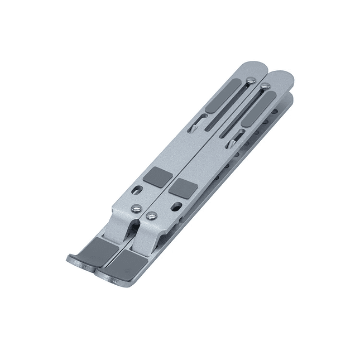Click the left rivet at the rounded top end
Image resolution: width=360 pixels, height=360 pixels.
[x=250, y=80]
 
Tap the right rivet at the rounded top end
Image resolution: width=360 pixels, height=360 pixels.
[x=265, y=86]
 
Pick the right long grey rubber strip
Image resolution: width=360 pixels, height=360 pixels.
[x=258, y=108]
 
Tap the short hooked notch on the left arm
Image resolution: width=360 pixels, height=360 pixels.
[x=194, y=124]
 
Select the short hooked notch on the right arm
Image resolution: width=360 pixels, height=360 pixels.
[x=233, y=140]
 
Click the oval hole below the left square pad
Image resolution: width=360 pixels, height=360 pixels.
[x=137, y=190]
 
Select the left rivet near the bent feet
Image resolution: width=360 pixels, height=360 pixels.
[x=136, y=209]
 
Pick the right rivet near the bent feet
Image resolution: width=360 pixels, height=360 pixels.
[x=151, y=215]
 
